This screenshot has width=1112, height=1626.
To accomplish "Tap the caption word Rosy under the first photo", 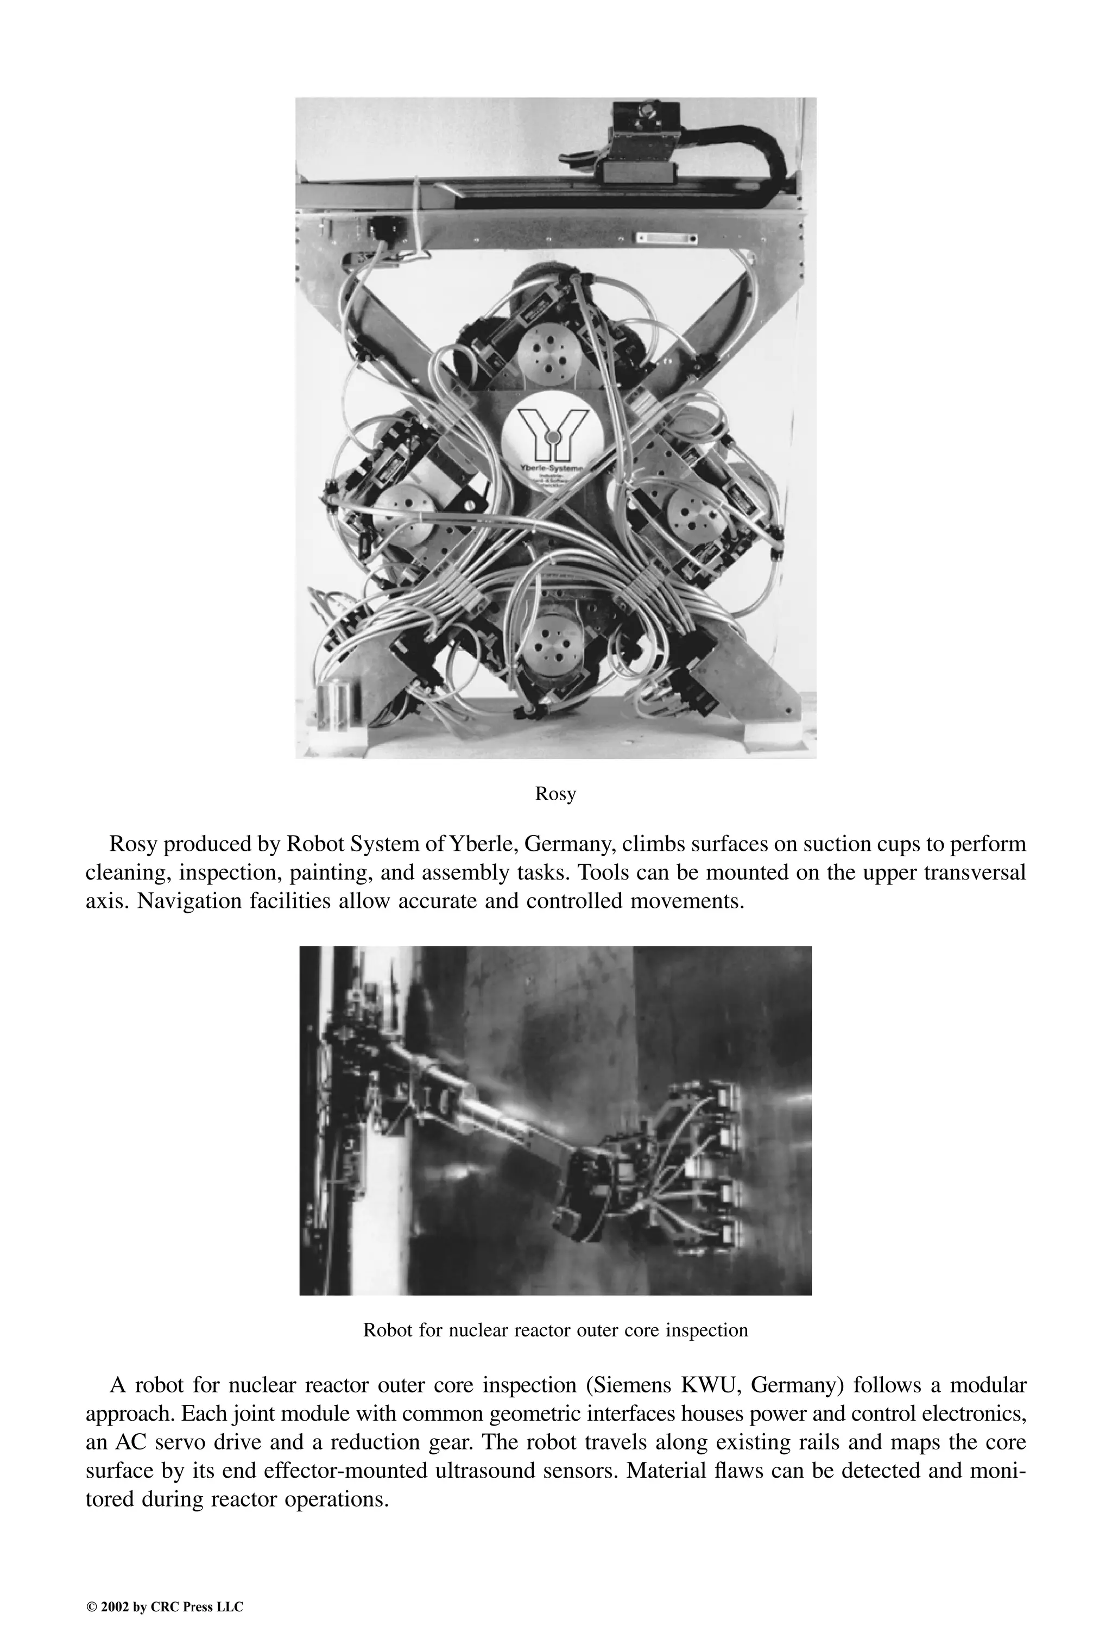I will pyautogui.click(x=555, y=794).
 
